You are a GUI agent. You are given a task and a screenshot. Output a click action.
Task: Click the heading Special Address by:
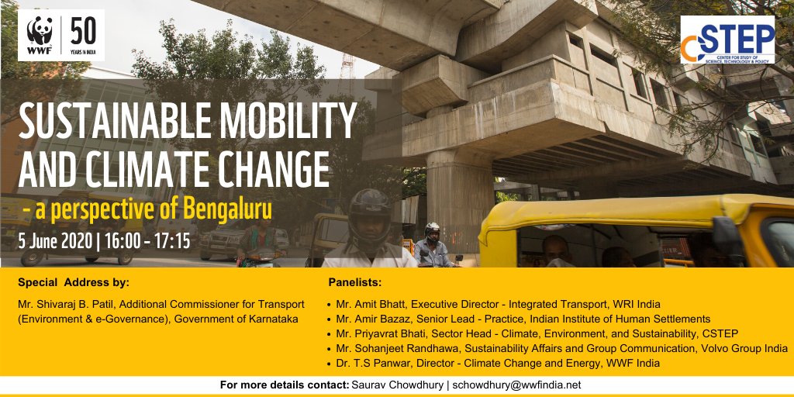74,282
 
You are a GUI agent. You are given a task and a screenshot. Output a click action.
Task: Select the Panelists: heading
355,282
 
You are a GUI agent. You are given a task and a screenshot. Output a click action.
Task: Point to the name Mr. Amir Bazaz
375,319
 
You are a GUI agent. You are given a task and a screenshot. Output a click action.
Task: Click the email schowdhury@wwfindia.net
517,385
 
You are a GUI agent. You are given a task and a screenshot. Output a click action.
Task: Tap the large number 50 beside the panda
84,31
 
